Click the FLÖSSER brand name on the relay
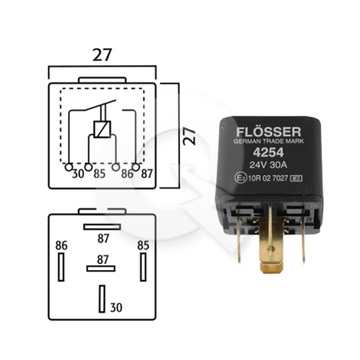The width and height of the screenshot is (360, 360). coord(268,132)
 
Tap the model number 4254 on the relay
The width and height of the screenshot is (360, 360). coord(268,152)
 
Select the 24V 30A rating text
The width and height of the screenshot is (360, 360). coord(268,165)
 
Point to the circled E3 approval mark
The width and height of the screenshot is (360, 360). coord(241,178)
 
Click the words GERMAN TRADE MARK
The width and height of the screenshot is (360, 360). coord(268,141)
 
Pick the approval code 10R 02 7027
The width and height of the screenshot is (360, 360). coord(268,178)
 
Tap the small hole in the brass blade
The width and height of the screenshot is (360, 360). coord(270,248)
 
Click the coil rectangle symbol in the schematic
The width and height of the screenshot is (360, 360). coord(102,129)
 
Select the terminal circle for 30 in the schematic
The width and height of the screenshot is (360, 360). coord(68,167)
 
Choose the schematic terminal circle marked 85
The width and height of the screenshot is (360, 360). coord(88,167)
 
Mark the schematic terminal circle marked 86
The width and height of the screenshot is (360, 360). coord(115,167)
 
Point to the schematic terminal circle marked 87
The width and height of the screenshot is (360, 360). coord(135,167)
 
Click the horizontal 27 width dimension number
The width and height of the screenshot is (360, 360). coord(102,55)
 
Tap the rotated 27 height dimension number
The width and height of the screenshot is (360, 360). coord(190,136)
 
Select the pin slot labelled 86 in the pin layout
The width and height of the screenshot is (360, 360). coord(61,267)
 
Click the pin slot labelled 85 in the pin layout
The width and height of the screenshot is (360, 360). coord(143,267)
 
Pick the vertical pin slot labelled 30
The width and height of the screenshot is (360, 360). coord(102,299)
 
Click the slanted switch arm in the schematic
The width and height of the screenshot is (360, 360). coord(100,105)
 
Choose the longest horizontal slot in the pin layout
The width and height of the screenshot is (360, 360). coord(102,227)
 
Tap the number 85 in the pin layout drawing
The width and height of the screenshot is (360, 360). coord(143,245)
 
